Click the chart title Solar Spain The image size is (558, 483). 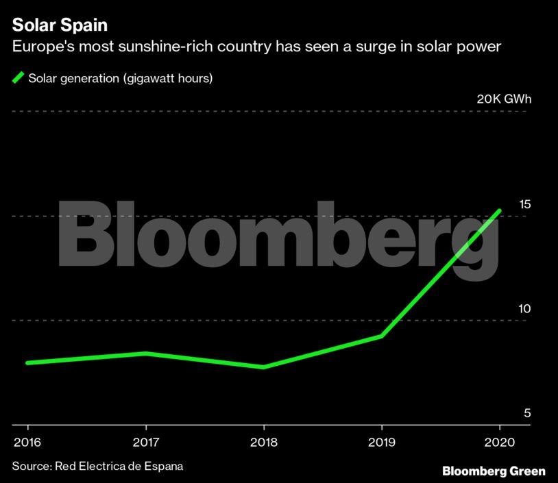coord(59,25)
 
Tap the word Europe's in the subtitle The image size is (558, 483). coord(40,47)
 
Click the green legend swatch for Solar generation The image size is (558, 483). coord(19,77)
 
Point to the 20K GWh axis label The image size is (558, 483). coord(504,99)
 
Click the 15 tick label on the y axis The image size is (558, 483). coord(525,204)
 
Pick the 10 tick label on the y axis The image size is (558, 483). coord(524,309)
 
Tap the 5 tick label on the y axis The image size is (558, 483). coord(527,414)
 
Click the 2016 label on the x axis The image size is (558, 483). coord(27,443)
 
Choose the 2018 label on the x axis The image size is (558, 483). coord(263,443)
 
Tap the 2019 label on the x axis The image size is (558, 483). coord(381,443)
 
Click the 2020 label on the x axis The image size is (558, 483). coord(500,443)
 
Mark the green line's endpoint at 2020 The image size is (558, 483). coord(500,211)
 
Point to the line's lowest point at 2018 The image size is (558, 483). coord(263,367)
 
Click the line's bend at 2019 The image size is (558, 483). coord(381,336)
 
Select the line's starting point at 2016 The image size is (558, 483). coord(27,362)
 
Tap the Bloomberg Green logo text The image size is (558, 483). coord(494,471)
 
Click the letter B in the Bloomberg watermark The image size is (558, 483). coord(86,235)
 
